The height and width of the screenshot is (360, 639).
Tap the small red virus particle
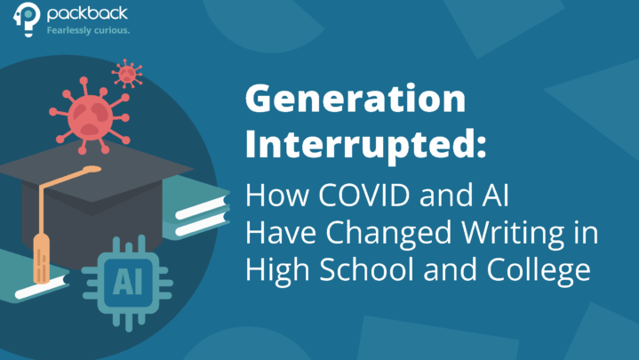point(127,73)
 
